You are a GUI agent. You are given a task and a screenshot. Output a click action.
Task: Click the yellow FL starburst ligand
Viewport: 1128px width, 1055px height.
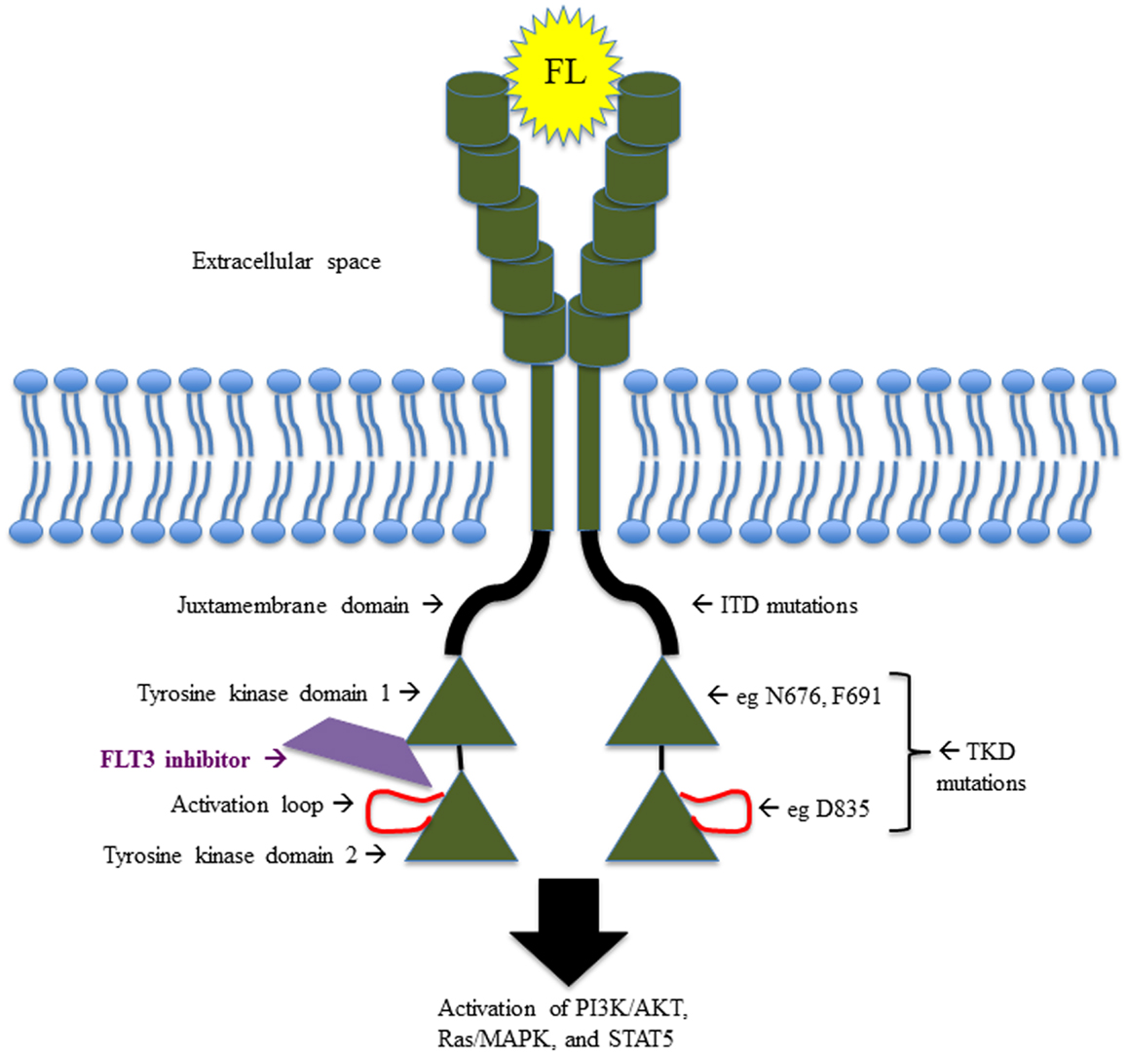[x=565, y=73]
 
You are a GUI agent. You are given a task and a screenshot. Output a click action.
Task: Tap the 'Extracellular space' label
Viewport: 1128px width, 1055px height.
[x=285, y=262]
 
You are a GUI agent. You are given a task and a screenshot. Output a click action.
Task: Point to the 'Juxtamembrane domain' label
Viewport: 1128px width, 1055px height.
[x=293, y=605]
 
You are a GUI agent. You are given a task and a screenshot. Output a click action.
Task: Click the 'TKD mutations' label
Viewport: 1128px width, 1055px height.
[x=980, y=767]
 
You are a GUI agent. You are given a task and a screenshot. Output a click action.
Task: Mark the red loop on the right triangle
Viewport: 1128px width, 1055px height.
[x=726, y=810]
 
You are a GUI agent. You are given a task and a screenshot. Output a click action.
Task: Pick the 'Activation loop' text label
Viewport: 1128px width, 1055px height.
[x=247, y=805]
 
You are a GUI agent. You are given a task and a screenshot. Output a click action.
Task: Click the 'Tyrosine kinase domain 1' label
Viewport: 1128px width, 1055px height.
[x=264, y=694]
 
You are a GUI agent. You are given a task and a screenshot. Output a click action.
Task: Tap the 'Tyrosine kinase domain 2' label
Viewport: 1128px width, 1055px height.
[x=232, y=855]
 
